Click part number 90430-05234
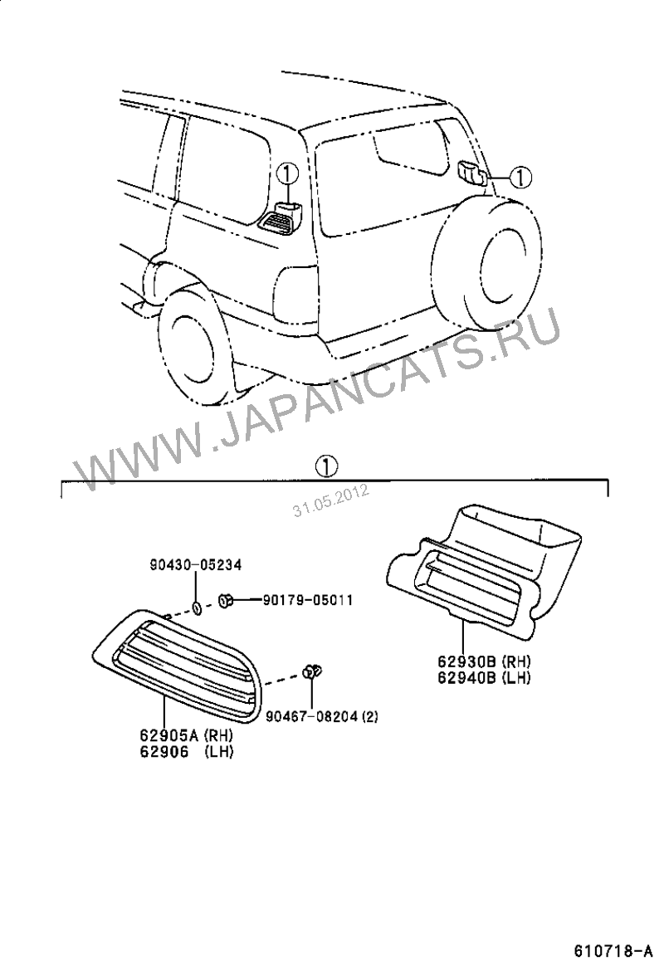click(195, 564)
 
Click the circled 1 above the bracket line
click(326, 466)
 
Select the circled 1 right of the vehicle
click(521, 178)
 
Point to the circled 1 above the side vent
click(288, 173)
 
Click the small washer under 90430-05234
click(197, 609)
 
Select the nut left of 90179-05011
click(226, 599)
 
